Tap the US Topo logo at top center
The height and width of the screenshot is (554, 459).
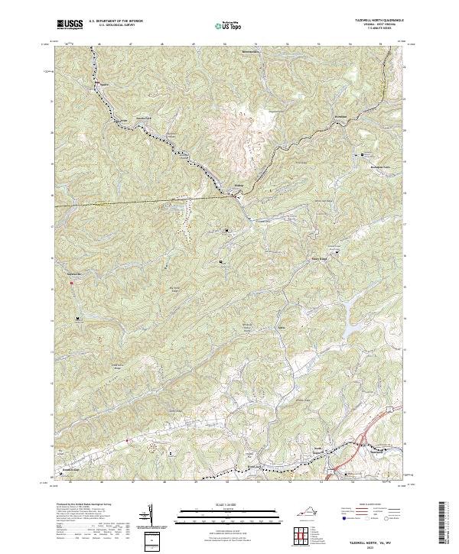coord(229,26)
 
